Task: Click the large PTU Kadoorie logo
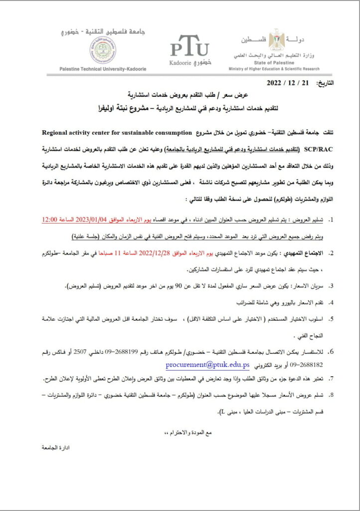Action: pyautogui.click(x=189, y=50)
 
